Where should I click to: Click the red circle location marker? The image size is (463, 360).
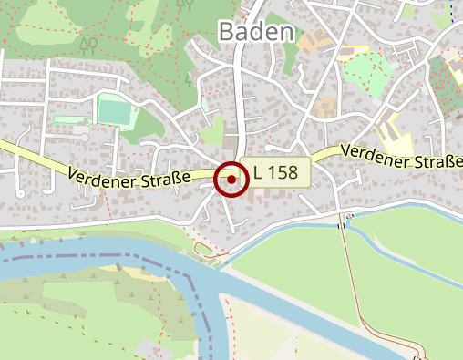[x=231, y=180]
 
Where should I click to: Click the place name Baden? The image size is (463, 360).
[x=257, y=33]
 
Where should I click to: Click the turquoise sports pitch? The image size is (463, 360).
[x=115, y=112]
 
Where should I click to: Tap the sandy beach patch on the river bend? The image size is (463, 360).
[x=137, y=270]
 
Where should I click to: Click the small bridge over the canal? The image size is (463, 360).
[x=343, y=224]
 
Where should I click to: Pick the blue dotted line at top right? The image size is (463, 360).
[x=450, y=11]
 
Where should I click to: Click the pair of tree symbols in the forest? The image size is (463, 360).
[x=88, y=43]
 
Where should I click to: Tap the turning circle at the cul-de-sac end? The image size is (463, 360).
[x=85, y=138]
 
